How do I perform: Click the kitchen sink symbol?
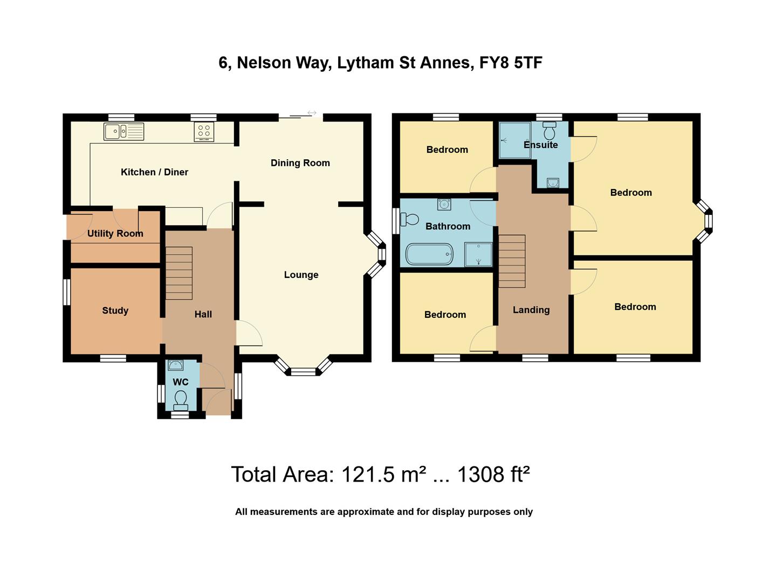(124, 131)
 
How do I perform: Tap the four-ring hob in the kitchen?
(204, 132)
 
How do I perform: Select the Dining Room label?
(300, 163)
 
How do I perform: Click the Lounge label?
(301, 275)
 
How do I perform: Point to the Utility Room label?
(115, 233)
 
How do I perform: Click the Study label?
(115, 310)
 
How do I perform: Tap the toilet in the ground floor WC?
(181, 399)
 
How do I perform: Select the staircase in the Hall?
(178, 273)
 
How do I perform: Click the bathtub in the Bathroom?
(429, 254)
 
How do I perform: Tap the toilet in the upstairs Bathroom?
(410, 219)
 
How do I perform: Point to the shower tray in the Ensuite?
(514, 140)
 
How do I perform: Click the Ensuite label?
(540, 145)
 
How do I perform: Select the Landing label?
(531, 310)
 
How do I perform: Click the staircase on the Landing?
(511, 261)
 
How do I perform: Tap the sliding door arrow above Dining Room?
(312, 113)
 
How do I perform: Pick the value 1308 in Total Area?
(477, 474)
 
